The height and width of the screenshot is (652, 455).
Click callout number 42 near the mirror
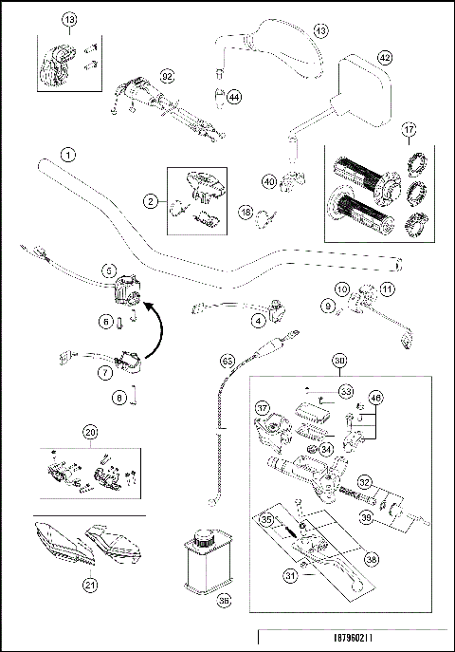click(384, 57)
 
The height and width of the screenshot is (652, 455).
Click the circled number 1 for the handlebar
click(67, 153)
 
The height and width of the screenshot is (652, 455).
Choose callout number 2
click(150, 200)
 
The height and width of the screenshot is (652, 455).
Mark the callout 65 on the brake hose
click(227, 362)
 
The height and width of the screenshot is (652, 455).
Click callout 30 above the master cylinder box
click(339, 360)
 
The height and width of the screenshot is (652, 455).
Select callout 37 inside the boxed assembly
click(263, 409)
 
